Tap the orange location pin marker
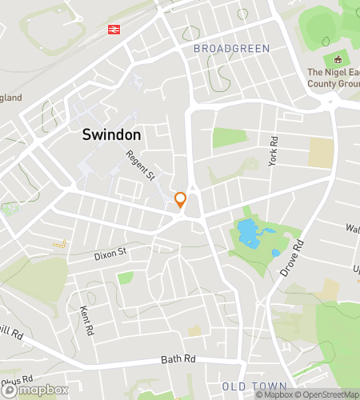[181, 201]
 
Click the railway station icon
[114, 30]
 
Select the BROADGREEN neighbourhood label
[231, 49]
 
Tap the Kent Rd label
[87, 319]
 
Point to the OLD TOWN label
[254, 386]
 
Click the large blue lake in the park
[249, 233]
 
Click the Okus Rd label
[16, 379]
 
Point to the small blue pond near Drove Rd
[276, 253]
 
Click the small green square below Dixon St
[125, 278]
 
